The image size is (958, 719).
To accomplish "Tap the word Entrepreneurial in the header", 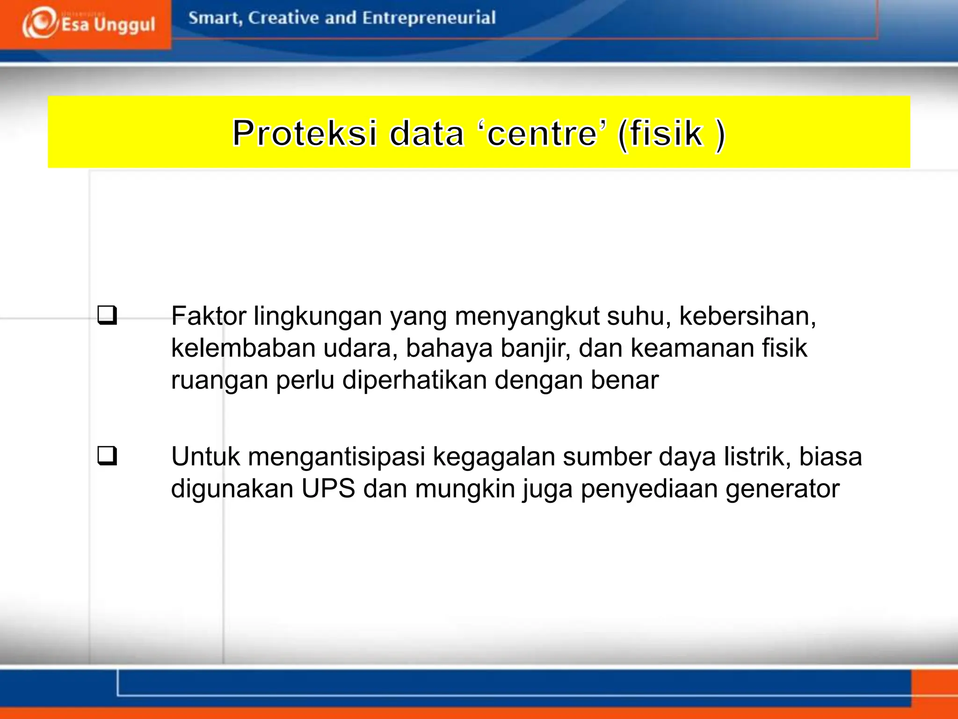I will [428, 18].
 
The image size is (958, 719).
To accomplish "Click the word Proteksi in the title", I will [305, 133].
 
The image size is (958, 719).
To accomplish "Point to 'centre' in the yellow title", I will [541, 133].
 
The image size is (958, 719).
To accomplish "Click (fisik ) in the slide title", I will [671, 133].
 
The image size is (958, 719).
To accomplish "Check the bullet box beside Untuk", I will [107, 456].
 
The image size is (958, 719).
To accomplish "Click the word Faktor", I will [208, 316].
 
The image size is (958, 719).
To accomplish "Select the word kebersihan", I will [747, 316].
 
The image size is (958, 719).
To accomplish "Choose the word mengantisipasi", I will [336, 457].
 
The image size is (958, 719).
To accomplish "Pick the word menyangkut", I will [527, 317].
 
